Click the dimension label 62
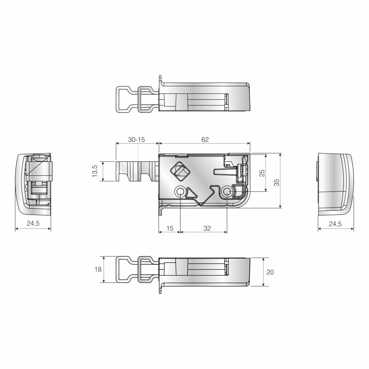(x=205, y=140)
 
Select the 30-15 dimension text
(x=136, y=140)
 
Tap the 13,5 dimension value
(x=95, y=171)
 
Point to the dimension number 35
(x=276, y=182)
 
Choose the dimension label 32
(x=207, y=228)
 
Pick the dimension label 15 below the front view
(x=170, y=228)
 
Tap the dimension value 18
(x=98, y=269)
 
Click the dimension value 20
(x=270, y=272)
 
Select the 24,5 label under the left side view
(x=33, y=223)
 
